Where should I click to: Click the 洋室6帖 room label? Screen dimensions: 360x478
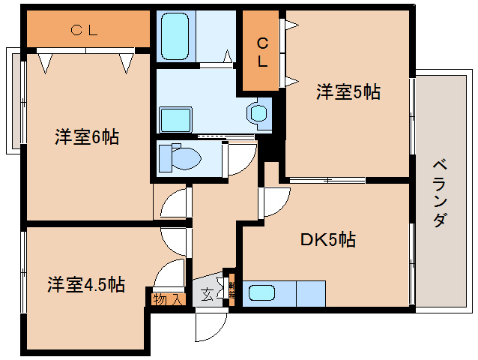[86, 137]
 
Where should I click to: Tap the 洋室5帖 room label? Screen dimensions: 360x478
[348, 92]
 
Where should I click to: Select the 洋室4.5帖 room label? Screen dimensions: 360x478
[85, 285]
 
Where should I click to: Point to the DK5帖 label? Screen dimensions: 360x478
[328, 240]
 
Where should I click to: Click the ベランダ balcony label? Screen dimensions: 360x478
[441, 193]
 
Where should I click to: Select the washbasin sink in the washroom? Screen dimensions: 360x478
[258, 112]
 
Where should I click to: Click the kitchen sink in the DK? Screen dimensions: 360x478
[261, 293]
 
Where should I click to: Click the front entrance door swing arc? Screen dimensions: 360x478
[209, 325]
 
